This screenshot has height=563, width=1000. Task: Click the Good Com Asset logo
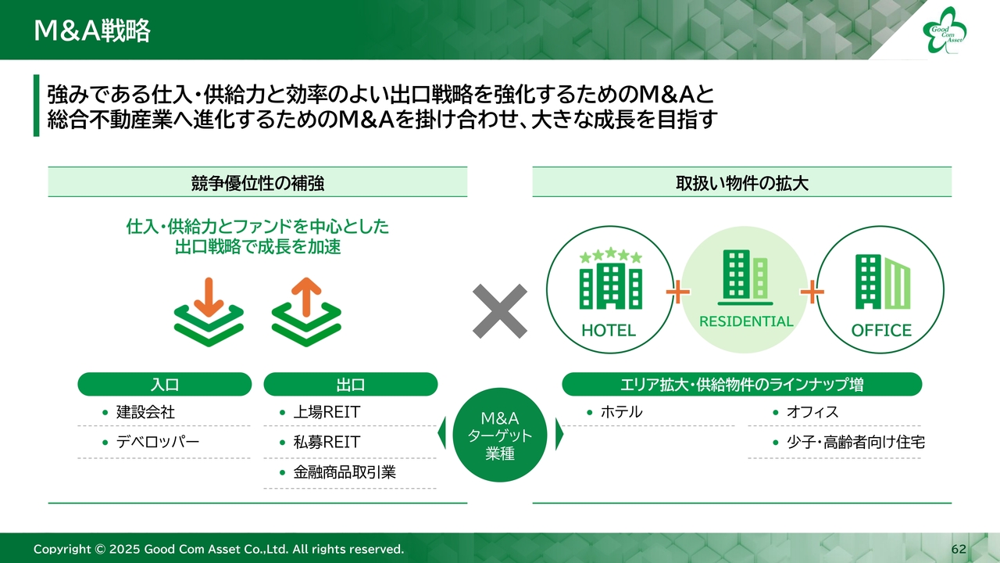click(x=945, y=30)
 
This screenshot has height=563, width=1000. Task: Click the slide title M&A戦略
click(x=92, y=30)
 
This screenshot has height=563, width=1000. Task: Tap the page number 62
click(x=959, y=549)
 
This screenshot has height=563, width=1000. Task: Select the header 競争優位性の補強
click(x=258, y=183)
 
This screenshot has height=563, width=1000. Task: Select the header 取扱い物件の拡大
click(x=742, y=183)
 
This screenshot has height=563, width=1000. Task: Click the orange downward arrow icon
click(x=209, y=297)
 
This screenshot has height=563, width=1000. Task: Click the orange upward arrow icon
click(x=306, y=297)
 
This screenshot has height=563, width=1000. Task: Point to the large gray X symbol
click(x=499, y=311)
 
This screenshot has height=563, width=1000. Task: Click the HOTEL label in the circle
click(x=609, y=330)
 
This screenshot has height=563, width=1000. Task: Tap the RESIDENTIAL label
click(x=746, y=321)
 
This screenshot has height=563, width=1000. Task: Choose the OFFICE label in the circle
click(x=881, y=330)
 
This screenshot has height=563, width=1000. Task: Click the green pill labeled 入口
click(x=165, y=384)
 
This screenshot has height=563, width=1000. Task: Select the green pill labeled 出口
click(x=351, y=384)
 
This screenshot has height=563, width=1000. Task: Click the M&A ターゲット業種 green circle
click(x=500, y=435)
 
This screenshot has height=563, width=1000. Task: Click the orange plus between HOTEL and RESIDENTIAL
click(x=677, y=292)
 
